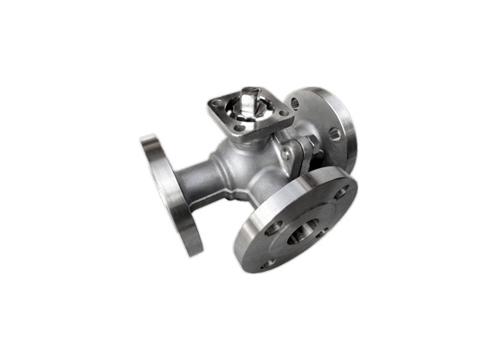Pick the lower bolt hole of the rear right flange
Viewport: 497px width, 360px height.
coord(334,135)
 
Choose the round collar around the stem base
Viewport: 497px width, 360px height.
coord(248,118)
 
